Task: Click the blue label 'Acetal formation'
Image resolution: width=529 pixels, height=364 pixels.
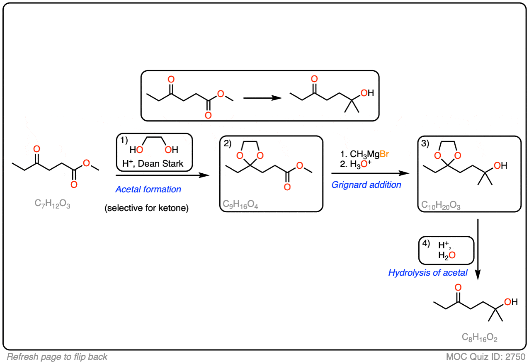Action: pos(148,189)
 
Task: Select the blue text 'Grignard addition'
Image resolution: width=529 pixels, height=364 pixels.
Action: pos(366,185)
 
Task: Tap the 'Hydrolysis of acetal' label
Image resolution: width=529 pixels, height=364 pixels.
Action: pos(428,273)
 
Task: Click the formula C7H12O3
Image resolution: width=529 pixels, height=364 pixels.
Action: pos(52,204)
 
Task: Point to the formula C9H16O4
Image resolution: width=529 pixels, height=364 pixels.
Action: pos(240,204)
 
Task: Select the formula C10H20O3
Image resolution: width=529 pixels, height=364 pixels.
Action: pos(441,205)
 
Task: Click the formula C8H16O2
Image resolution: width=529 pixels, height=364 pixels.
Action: pos(479,337)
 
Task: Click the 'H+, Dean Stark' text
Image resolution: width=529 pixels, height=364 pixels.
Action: pos(153,163)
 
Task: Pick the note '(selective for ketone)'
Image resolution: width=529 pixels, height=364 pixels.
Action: pos(146,208)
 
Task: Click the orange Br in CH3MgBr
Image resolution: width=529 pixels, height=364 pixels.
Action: pos(384,154)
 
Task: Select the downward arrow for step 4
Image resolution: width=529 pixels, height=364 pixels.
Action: pos(478,250)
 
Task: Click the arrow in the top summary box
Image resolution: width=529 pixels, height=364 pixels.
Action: pos(262,98)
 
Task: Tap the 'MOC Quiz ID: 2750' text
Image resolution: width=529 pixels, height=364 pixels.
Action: pos(485,357)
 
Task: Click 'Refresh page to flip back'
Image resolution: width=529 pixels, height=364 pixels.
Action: pos(57,357)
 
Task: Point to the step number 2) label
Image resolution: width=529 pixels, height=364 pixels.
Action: pos(228,143)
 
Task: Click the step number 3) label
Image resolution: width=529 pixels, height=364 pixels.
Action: pos(425,143)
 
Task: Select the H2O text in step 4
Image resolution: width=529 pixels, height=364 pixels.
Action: pos(446,255)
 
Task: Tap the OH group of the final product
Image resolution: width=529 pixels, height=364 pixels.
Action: pos(511,302)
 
